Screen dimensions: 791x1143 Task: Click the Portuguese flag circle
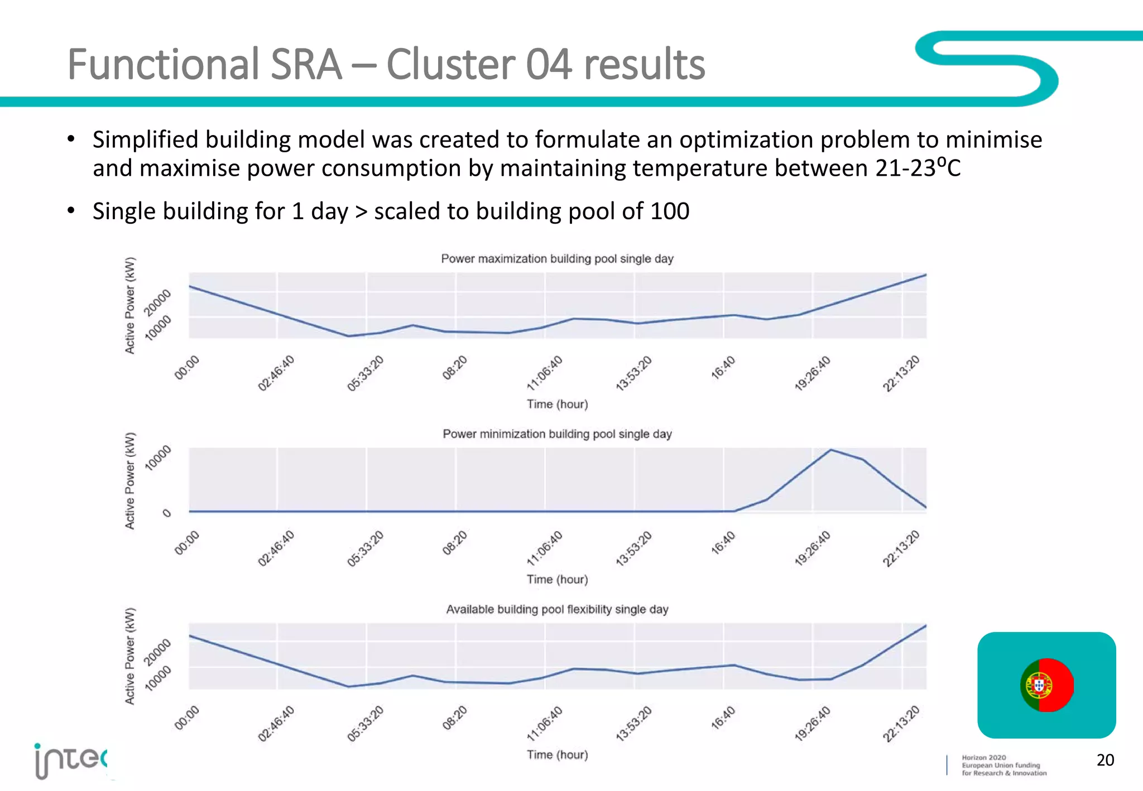(x=1046, y=684)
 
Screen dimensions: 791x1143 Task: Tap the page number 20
(x=1105, y=760)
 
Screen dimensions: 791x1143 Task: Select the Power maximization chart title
(x=557, y=259)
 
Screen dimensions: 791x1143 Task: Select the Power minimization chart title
(x=557, y=434)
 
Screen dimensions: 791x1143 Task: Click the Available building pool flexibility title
(x=557, y=609)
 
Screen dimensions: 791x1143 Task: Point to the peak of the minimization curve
(x=831, y=450)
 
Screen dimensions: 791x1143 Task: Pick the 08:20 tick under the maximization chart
(x=455, y=368)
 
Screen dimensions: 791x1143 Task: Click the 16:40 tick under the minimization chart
(x=723, y=543)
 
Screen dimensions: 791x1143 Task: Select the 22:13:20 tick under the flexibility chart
(x=901, y=724)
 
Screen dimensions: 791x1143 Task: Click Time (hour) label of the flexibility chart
(x=557, y=755)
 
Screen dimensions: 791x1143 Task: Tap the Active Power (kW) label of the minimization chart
(x=129, y=480)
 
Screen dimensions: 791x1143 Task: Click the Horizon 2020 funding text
(x=1003, y=765)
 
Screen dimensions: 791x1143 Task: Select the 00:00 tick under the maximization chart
(x=187, y=368)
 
